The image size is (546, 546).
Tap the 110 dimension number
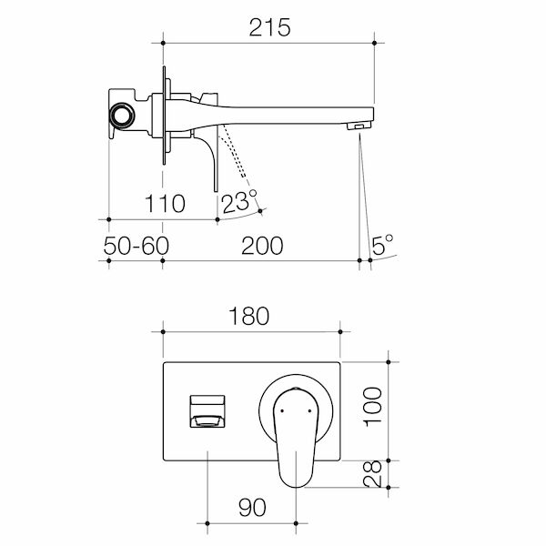pyautogui.click(x=165, y=203)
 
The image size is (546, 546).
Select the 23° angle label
pyautogui.click(x=239, y=201)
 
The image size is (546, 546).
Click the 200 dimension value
pyautogui.click(x=262, y=246)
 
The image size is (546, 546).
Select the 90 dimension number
pyautogui.click(x=255, y=507)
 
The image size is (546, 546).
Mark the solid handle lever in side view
pyautogui.click(x=213, y=159)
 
